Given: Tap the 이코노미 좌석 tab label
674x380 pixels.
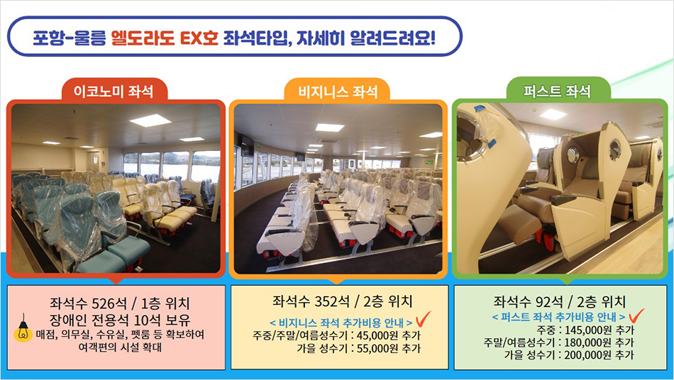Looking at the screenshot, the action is coord(114,91).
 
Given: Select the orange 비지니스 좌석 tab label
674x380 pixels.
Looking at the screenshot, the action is coord(338,91).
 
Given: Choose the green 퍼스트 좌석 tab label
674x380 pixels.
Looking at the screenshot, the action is coord(557,91).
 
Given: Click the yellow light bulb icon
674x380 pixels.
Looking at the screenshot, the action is coord(23,329).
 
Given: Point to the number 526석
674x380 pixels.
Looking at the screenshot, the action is coord(109,303).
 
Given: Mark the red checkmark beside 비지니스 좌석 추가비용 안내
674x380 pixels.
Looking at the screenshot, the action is coord(424,318).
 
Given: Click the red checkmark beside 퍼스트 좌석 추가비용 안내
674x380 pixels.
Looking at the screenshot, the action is coord(636,315).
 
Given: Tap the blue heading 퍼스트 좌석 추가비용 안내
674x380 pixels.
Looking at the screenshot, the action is coord(558,318).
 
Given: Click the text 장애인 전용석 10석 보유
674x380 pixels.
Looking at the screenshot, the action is coord(119,320).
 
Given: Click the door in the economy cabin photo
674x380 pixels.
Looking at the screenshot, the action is coord(93,162).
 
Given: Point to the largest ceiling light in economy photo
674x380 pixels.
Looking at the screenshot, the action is coord(150,121).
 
